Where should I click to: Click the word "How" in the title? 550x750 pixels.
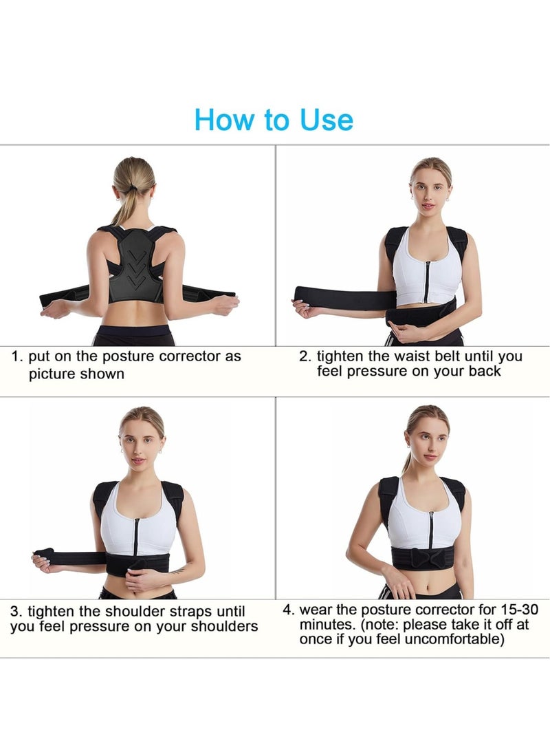coord(222,119)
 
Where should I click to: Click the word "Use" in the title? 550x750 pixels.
coord(326,119)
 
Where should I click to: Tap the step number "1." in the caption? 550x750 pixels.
coord(18,356)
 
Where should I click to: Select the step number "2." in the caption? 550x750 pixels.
coord(305,356)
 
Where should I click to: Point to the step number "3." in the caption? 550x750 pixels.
coord(16,611)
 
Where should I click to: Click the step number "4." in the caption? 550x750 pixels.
coord(289,610)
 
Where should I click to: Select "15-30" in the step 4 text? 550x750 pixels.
coord(520,610)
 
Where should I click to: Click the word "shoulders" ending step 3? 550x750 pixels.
coord(226,626)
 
